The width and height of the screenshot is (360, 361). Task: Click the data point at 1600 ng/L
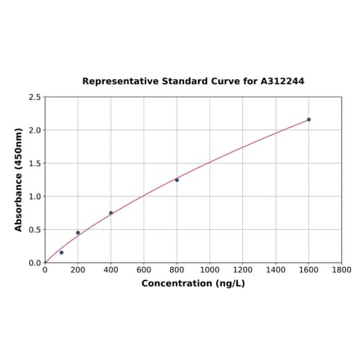point(308,120)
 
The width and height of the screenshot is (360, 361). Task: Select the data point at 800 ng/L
point(177,180)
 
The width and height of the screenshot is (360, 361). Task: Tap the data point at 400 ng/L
point(111,213)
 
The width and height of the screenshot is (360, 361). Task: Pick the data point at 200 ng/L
point(78,232)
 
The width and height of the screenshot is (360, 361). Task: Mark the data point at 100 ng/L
point(61,252)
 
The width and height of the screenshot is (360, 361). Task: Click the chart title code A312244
point(282,82)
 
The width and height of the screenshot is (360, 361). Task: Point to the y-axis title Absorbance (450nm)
point(19,179)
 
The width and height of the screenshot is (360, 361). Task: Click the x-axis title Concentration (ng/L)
point(193,283)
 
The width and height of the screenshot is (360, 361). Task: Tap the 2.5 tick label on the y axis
point(34,97)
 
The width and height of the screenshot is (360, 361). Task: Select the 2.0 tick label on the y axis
point(34,130)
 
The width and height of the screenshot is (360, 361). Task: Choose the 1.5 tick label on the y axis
point(34,164)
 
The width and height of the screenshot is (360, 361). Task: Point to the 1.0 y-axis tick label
point(34,196)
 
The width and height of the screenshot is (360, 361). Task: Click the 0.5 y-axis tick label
point(34,230)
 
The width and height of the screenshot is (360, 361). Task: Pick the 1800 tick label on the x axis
point(341,269)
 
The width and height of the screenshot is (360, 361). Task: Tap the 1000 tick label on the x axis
point(209,269)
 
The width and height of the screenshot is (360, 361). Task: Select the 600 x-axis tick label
point(144,269)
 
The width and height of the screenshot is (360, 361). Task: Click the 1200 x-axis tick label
point(243,269)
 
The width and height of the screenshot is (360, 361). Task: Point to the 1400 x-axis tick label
point(276,269)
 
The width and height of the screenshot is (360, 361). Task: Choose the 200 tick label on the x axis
point(78,269)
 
